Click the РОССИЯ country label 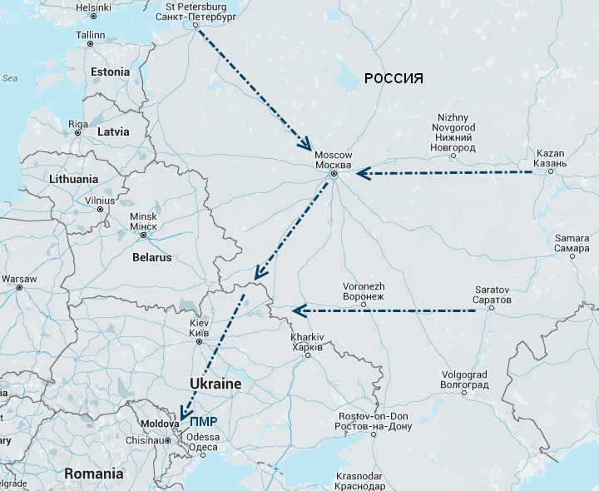394,79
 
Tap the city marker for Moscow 334,174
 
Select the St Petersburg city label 196,11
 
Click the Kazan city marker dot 551,171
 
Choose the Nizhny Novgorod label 453,132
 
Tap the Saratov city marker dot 491,308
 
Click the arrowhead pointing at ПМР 185,414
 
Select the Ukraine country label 215,384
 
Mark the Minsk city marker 143,235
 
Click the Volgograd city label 465,379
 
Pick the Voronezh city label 364,290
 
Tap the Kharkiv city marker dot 308,355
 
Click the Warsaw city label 19,278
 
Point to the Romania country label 94,474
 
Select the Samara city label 572,243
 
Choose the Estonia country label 111,72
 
